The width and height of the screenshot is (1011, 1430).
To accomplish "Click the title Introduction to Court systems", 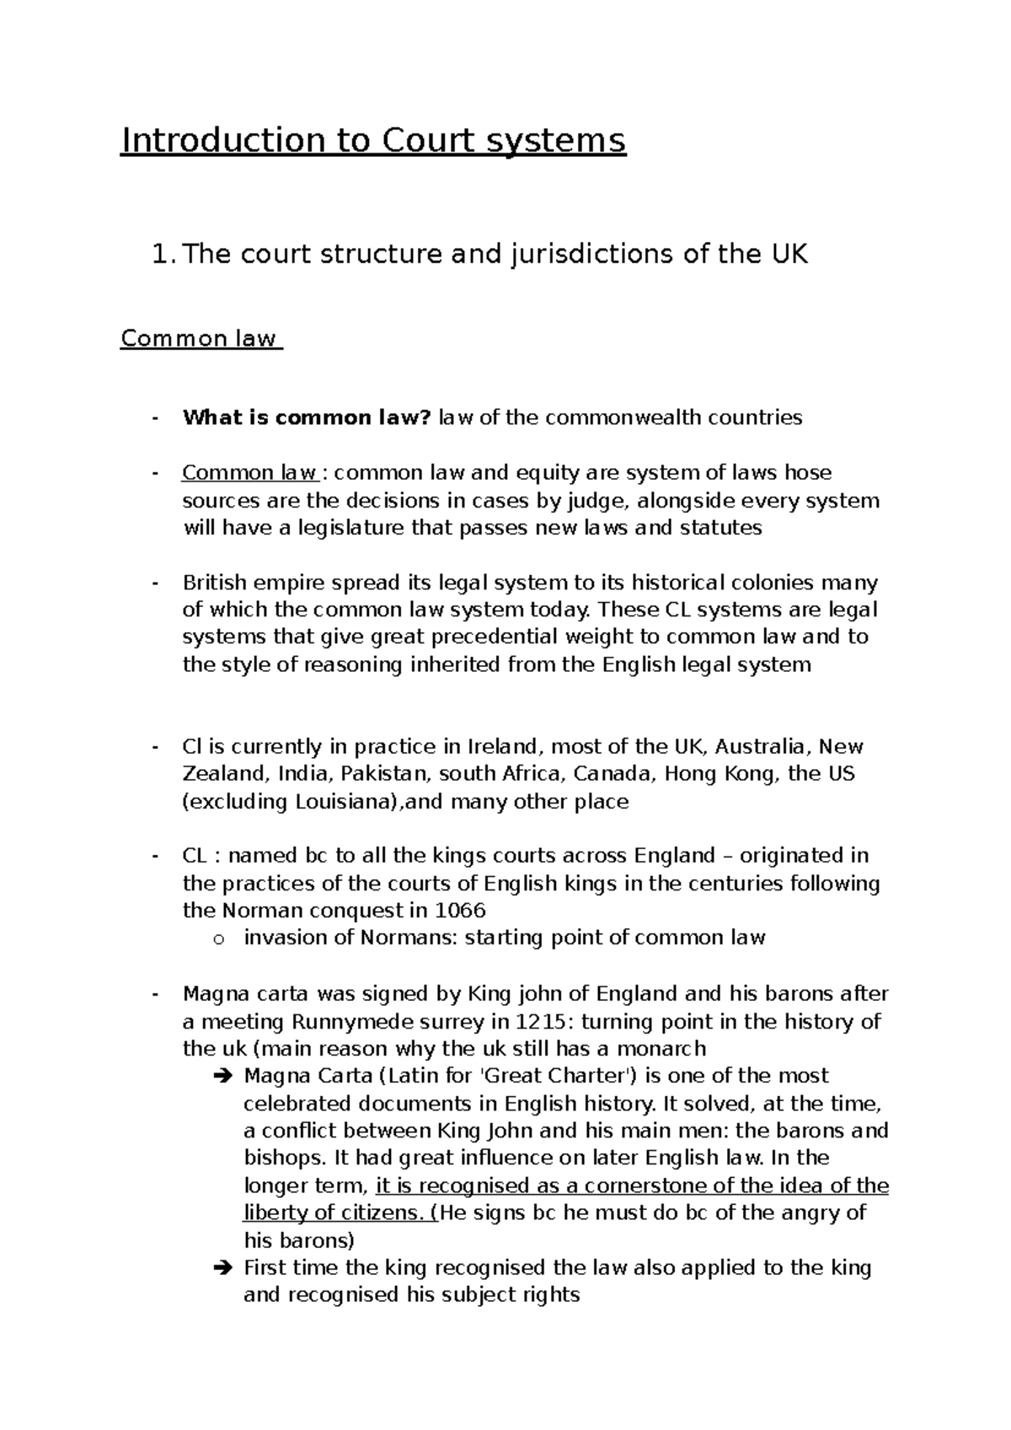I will (373, 141).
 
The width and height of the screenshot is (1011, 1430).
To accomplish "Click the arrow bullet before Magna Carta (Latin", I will (222, 1077).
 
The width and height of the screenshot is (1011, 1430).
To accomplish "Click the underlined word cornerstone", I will (646, 1186).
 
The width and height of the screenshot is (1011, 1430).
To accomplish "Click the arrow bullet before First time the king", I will (222, 1268).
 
